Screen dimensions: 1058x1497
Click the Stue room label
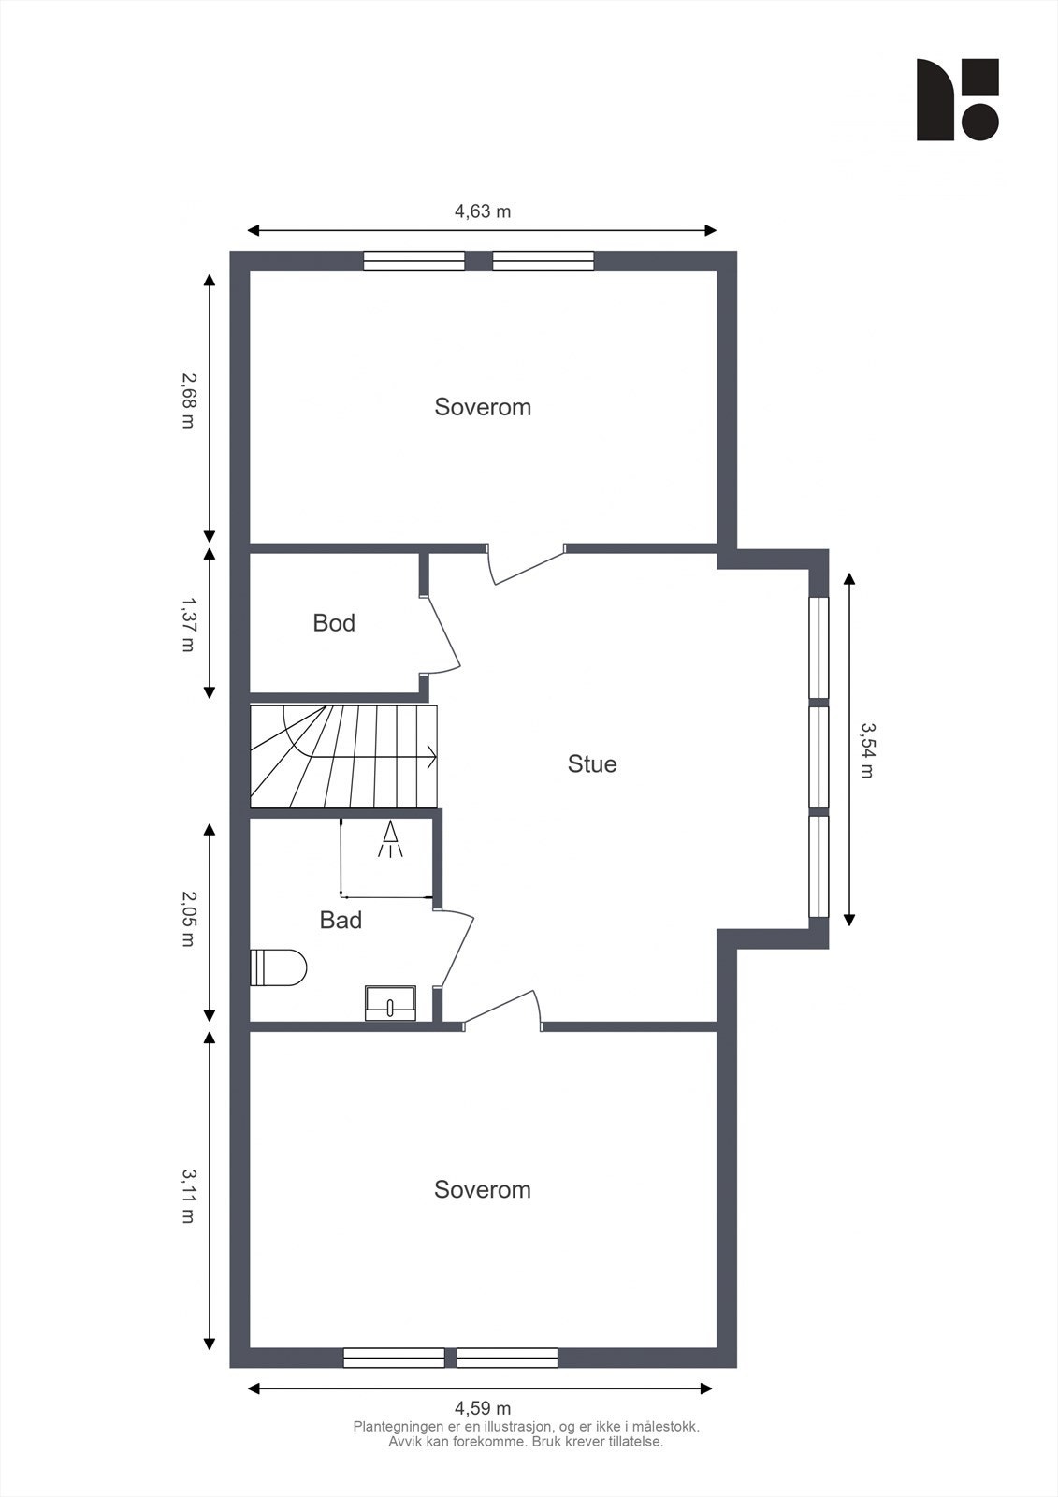592,763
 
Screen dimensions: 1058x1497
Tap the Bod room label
334,623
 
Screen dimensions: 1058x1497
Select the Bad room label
341,921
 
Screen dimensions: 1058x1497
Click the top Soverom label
483,407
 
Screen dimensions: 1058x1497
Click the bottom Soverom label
483,1189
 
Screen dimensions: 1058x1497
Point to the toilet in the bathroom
278,967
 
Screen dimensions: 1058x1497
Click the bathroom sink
390,1002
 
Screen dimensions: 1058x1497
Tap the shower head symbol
390,839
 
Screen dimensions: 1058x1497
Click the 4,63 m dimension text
483,211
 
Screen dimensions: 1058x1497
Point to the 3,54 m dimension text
867,750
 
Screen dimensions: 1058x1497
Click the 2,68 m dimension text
188,400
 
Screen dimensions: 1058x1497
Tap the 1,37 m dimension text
188,624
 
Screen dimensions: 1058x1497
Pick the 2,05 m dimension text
188,918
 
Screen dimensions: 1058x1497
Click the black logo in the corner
957,99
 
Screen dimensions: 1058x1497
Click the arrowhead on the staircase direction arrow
432,757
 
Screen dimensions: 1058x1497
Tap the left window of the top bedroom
413,261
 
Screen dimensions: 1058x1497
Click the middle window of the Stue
819,757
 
